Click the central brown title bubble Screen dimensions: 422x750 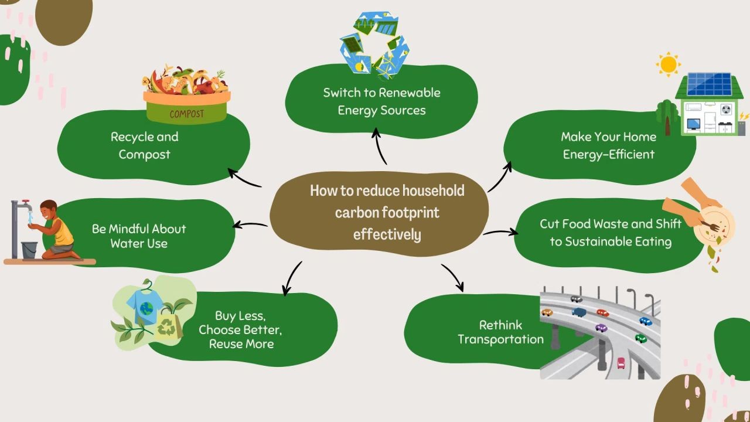click(379, 212)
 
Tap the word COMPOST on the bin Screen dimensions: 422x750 click(187, 114)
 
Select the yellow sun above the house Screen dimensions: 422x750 click(667, 64)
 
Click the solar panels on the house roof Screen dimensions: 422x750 click(709, 84)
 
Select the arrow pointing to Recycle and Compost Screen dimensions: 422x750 click(244, 178)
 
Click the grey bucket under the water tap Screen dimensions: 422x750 click(29, 249)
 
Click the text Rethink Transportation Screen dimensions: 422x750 click(500, 332)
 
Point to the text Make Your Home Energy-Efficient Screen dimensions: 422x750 click(608, 145)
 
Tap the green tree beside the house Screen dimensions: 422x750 click(667, 114)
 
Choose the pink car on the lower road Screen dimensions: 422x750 click(621, 363)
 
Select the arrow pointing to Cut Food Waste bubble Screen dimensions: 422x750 click(500, 233)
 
